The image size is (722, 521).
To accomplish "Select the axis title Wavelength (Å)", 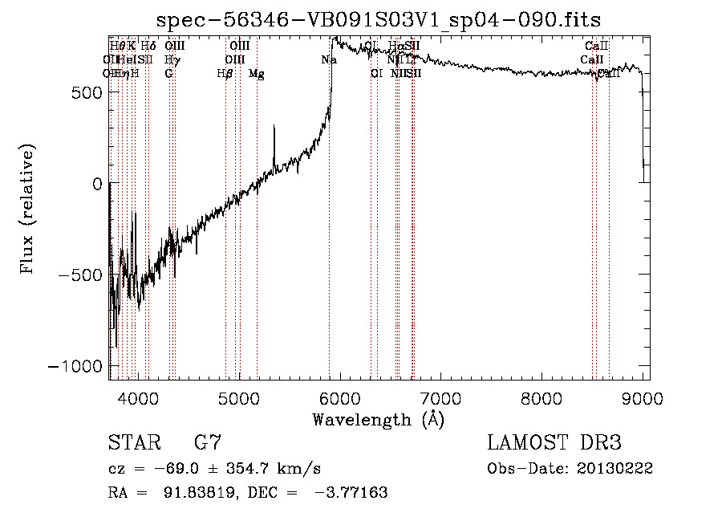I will [x=378, y=419].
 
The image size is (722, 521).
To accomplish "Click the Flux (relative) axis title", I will [x=29, y=209].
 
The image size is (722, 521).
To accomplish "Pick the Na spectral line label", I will [x=329, y=60].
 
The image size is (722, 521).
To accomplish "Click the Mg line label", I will [x=257, y=74].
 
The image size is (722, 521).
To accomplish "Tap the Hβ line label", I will [x=225, y=74].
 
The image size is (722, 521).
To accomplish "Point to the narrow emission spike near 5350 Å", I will [x=274, y=128].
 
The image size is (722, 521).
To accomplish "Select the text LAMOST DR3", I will [x=554, y=443].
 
